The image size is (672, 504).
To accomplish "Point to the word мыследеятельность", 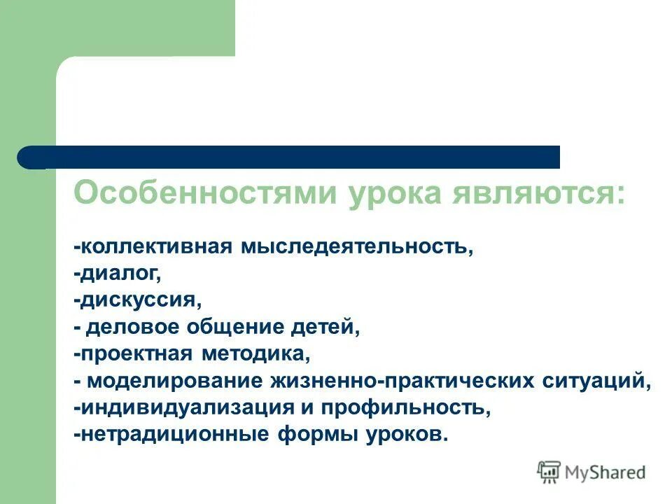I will point(358,247).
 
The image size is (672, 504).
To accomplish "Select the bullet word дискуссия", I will point(141,300).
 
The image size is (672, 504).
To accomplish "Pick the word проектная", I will point(132,353).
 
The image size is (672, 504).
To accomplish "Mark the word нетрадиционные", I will point(171,434).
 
